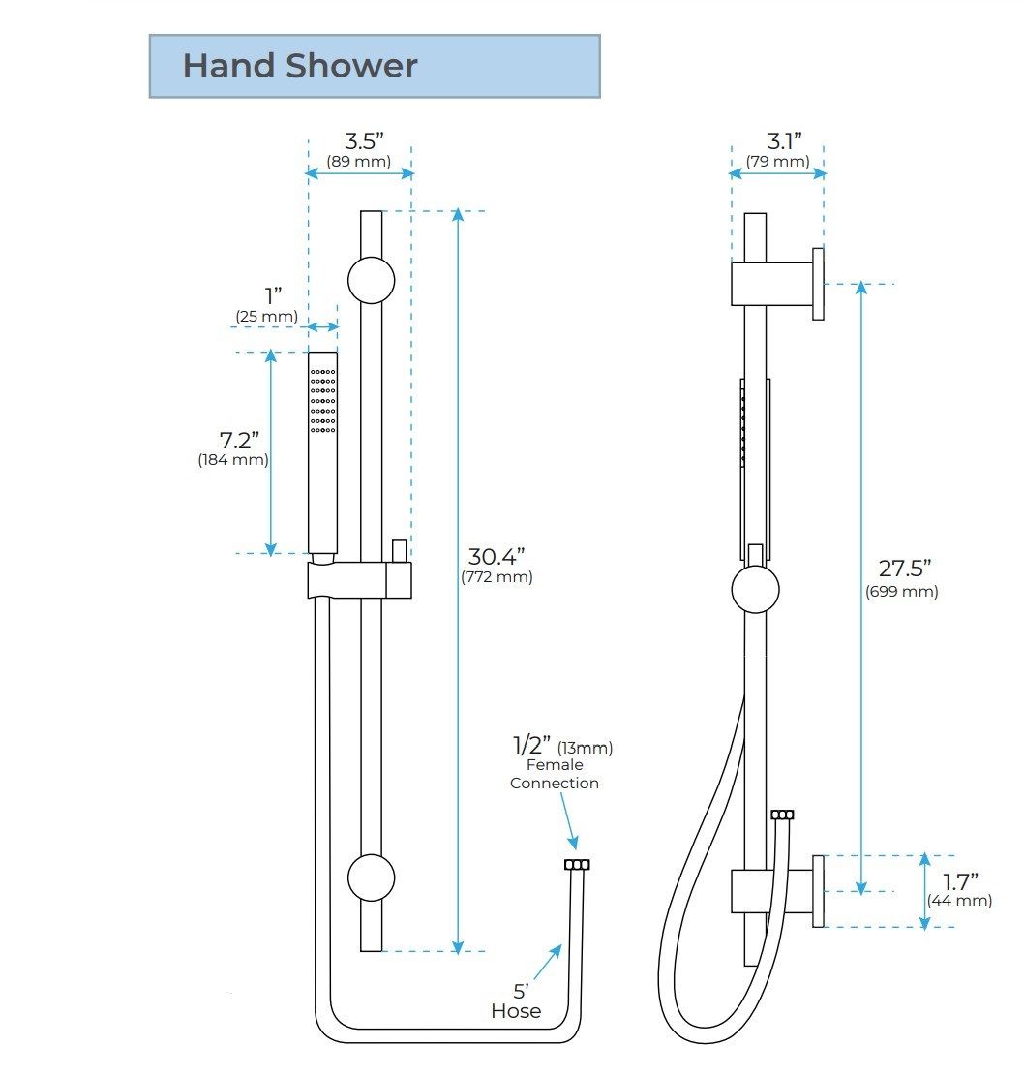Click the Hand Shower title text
[x=300, y=66]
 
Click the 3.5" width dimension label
[x=365, y=139]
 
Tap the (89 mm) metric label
[x=358, y=161]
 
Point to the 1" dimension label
[x=274, y=296]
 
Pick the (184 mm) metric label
[x=233, y=460]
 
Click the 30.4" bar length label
[x=496, y=557]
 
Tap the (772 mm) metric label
[x=497, y=577]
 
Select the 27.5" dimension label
[x=905, y=569]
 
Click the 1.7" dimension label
[x=960, y=880]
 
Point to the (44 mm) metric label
[x=959, y=900]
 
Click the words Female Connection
[x=555, y=774]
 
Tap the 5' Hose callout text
[x=516, y=1001]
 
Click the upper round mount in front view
[x=371, y=281]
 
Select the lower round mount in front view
[x=371, y=878]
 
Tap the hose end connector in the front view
[x=577, y=865]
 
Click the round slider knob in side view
[x=755, y=590]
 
